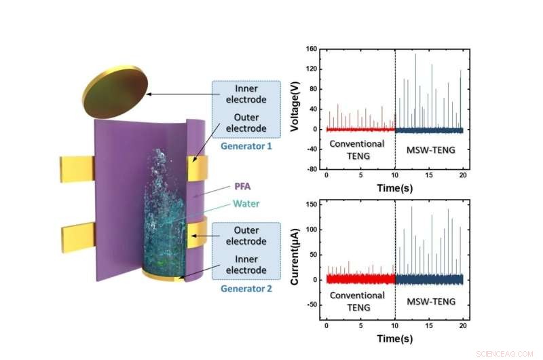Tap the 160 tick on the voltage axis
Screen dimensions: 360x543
point(311,50)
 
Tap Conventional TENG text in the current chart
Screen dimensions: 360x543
point(357,302)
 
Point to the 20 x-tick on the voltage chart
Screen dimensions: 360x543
point(462,179)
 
